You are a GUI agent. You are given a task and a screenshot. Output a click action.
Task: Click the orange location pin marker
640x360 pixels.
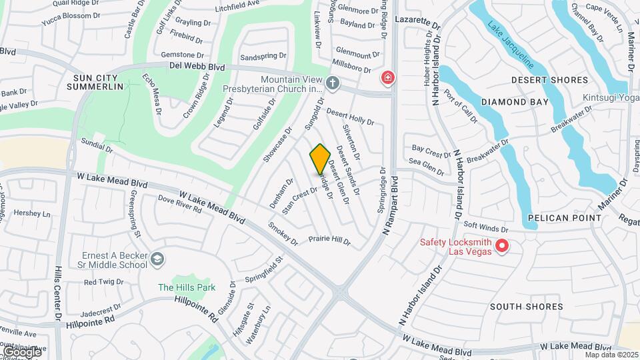[x=320, y=159]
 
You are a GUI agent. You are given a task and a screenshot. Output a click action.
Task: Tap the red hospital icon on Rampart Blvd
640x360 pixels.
[x=387, y=79]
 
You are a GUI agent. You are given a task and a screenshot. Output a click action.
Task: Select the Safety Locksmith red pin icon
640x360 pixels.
[x=503, y=247]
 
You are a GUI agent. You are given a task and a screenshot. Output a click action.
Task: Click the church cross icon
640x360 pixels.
[x=332, y=83]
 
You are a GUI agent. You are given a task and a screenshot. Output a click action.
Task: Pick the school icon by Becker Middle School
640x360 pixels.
[x=157, y=259]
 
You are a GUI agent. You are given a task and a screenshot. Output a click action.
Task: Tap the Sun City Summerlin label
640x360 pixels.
[x=99, y=82]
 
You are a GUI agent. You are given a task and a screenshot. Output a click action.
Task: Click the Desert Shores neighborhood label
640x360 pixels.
[x=550, y=80]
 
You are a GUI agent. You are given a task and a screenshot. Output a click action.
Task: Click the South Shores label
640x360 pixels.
[x=527, y=307]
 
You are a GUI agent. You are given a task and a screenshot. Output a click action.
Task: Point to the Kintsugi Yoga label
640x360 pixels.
[x=611, y=98]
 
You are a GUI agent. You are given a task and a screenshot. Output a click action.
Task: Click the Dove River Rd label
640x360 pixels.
[x=179, y=203]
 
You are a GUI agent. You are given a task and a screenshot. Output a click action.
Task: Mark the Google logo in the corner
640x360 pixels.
[x=21, y=351]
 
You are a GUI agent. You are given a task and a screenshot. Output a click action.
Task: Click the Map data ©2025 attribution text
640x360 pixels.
[x=610, y=355]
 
